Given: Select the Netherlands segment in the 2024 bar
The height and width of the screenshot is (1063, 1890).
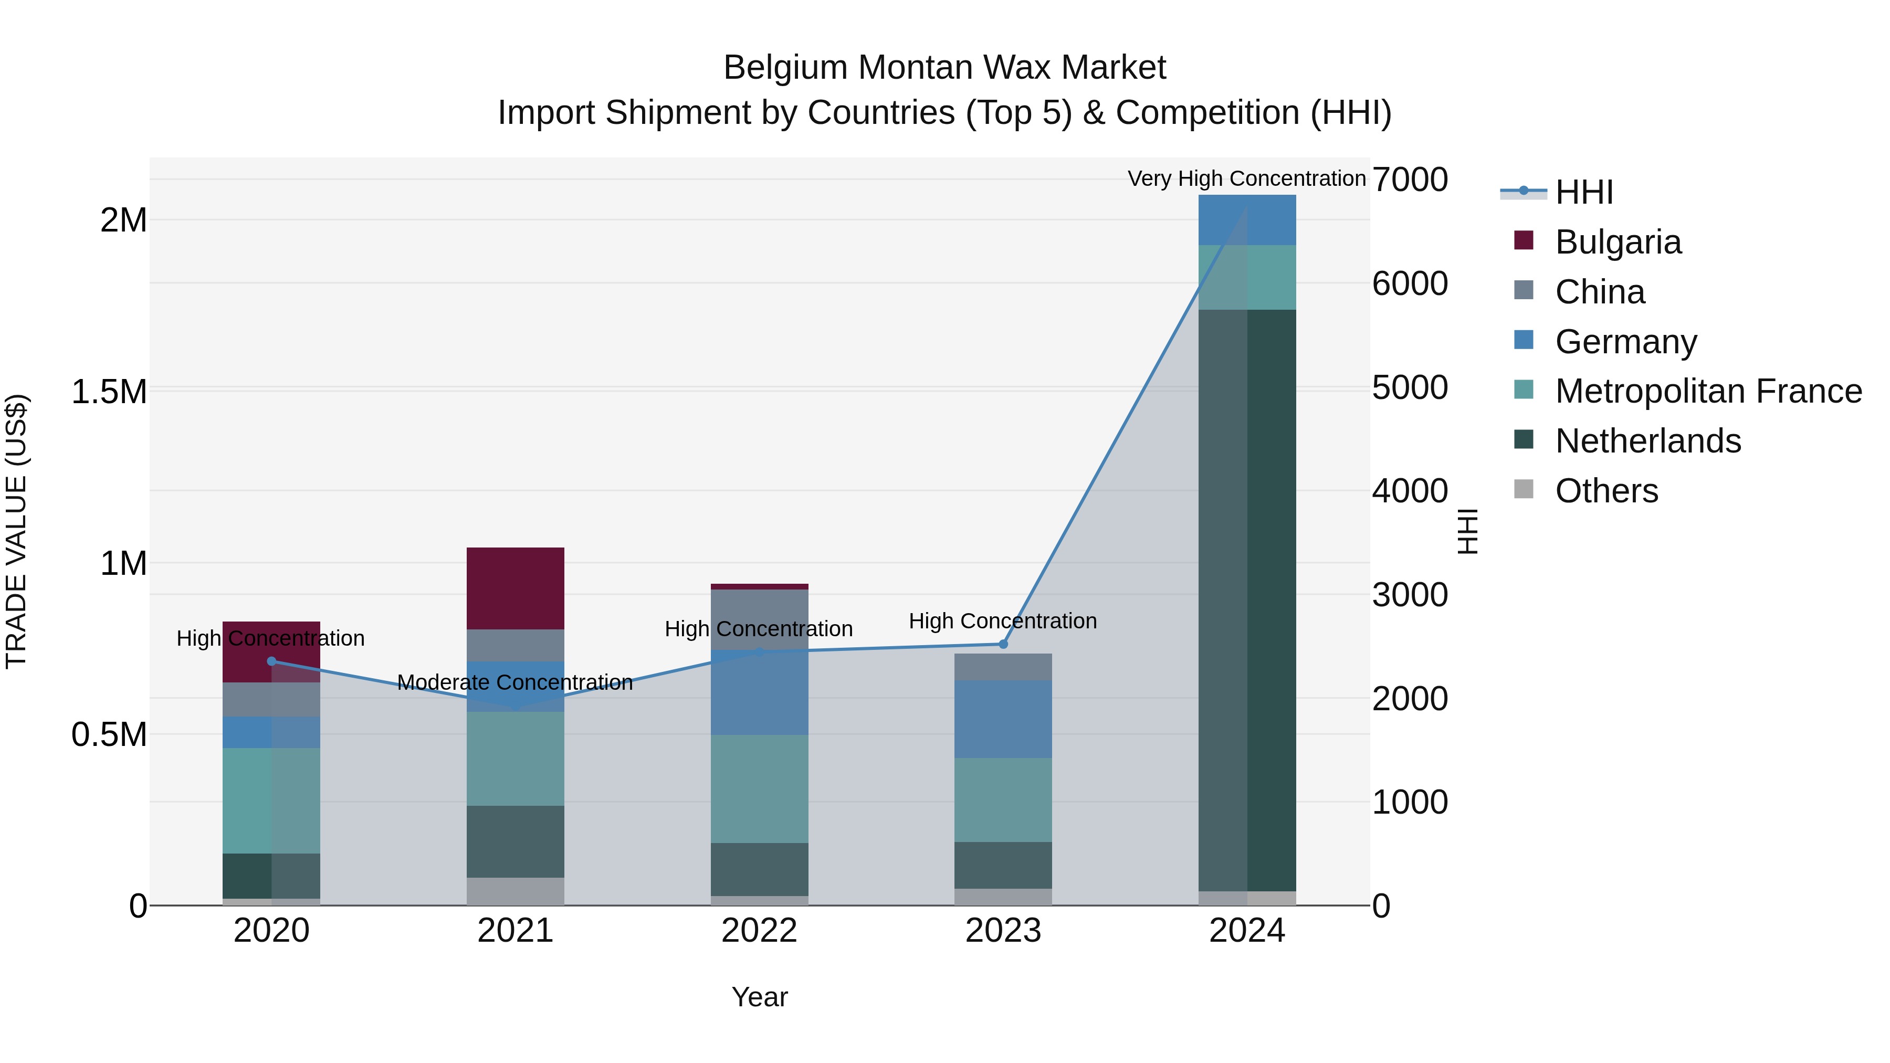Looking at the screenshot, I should click(1247, 600).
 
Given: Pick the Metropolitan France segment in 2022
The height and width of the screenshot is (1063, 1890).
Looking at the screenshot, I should click(759, 788).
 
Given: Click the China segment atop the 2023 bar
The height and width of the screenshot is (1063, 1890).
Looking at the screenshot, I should click(1003, 666).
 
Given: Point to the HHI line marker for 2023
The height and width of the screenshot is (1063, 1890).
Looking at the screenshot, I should click(1003, 644).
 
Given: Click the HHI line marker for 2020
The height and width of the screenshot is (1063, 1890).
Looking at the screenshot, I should click(271, 661).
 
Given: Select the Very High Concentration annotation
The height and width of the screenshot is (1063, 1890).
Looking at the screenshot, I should click(1246, 178).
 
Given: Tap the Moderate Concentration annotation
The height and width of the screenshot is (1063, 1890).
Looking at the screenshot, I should click(514, 682).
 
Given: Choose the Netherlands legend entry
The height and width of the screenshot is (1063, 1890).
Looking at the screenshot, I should click(1647, 441).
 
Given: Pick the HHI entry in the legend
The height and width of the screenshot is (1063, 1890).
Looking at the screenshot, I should click(1583, 192).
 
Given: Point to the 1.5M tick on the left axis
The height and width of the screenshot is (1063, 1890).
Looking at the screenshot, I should click(109, 392).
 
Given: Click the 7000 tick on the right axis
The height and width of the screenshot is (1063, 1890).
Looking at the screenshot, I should click(1410, 180).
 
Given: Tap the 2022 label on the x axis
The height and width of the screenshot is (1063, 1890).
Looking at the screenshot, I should click(759, 931).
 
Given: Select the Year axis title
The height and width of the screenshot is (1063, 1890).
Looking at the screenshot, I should click(759, 997).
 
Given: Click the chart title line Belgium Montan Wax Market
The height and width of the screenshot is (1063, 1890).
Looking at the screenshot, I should click(944, 68).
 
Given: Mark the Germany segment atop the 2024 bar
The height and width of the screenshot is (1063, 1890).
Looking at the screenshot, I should click(1247, 219).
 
